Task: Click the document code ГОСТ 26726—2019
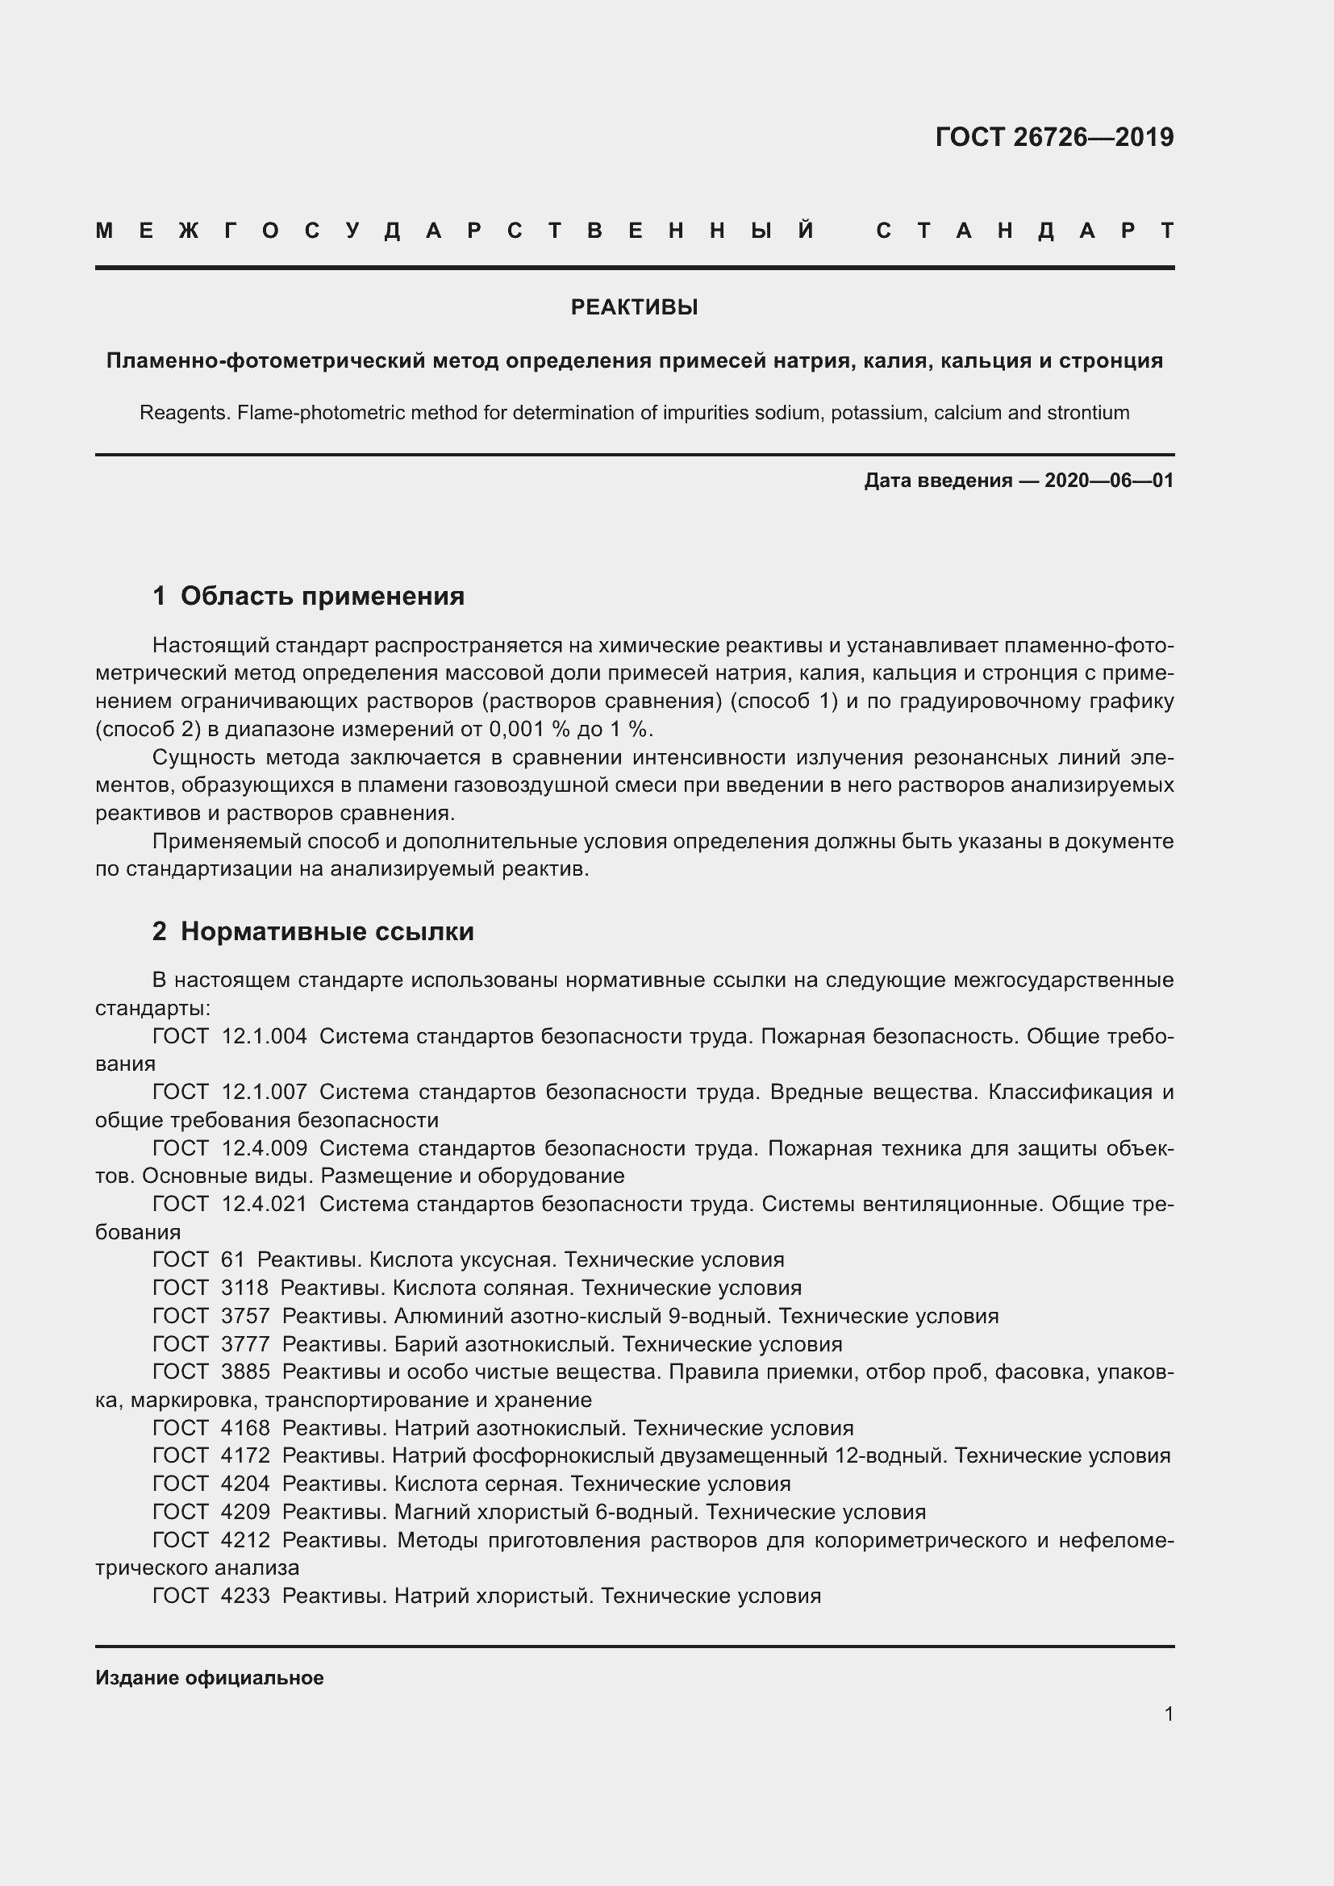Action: click(1054, 137)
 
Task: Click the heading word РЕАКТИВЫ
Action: click(634, 307)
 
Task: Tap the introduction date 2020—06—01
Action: click(1109, 481)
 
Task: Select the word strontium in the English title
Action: click(1087, 412)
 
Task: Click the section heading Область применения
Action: click(322, 596)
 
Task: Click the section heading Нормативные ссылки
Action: click(327, 931)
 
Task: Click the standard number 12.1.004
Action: click(265, 1037)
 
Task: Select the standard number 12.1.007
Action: click(265, 1093)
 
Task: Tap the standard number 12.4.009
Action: click(265, 1148)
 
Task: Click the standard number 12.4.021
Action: click(265, 1204)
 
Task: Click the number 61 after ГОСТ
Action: click(233, 1260)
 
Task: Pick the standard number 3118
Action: click(245, 1288)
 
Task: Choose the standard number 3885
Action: click(246, 1372)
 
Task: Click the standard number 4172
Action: click(246, 1455)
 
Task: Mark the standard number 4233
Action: click(246, 1595)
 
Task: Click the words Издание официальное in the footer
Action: click(210, 1678)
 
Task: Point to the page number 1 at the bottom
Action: click(1169, 1714)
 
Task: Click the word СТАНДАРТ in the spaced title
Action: click(1024, 231)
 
